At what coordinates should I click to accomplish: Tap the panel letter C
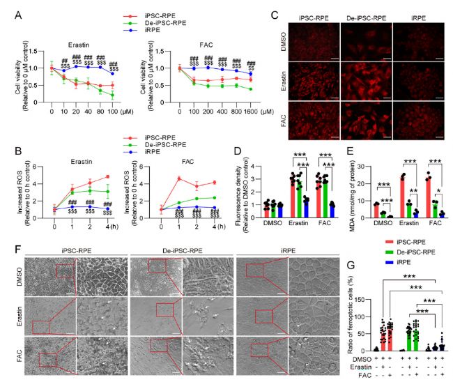point(259,10)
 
